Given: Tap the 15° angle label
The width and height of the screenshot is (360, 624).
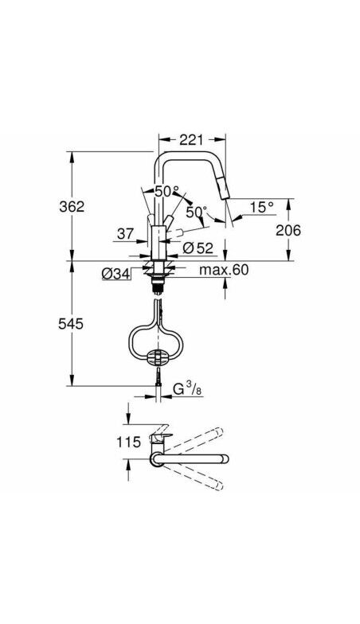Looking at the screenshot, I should coord(260,207).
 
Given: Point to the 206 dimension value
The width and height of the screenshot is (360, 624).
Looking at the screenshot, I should coord(288,230).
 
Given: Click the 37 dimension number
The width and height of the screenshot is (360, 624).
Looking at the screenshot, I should coord(124,233).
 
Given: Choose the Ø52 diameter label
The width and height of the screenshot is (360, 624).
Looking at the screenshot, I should coord(196,248).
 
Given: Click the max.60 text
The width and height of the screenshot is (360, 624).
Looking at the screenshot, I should coord(224,271).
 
